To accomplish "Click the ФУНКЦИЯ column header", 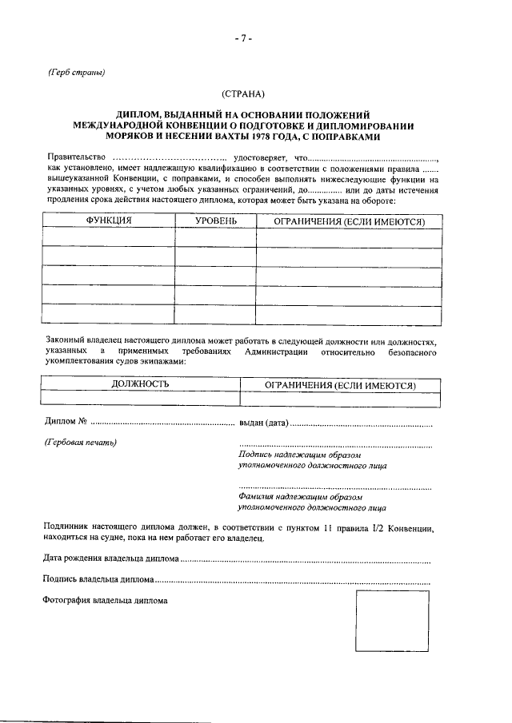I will coord(109,220).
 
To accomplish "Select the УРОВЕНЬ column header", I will coord(215,220).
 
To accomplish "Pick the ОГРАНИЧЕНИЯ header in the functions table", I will coord(349,220).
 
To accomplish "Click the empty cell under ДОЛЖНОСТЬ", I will coord(141,398).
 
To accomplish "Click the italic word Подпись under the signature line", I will coord(257,455).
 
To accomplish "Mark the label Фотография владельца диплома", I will coord(105,598).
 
